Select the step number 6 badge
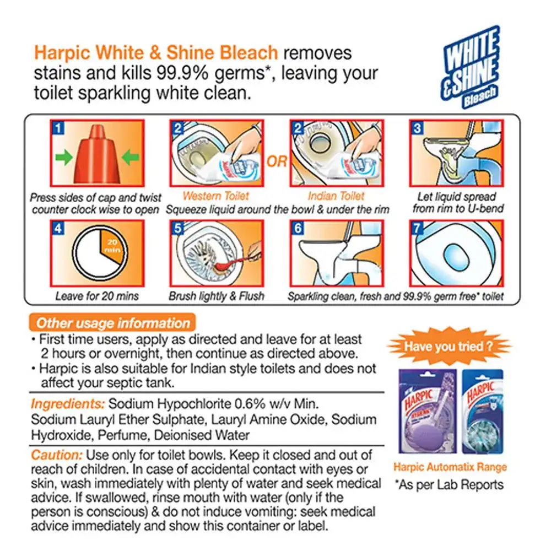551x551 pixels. pyautogui.click(x=298, y=229)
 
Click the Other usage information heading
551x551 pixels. pyautogui.click(x=113, y=323)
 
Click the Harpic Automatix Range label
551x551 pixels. pyautogui.click(x=450, y=467)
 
